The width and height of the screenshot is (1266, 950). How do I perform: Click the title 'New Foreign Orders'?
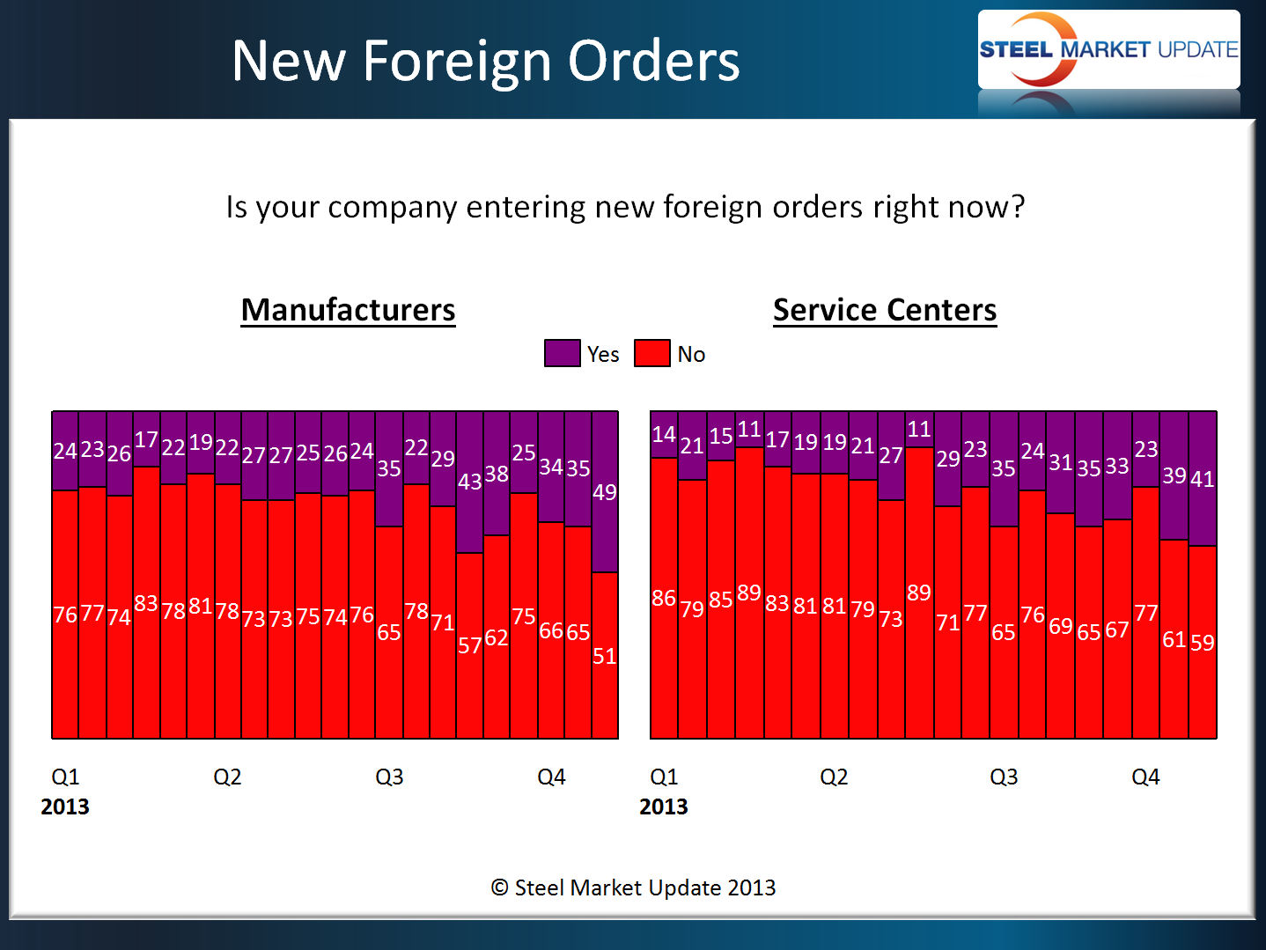(x=485, y=61)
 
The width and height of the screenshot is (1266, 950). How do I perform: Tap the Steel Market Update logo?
(x=1108, y=49)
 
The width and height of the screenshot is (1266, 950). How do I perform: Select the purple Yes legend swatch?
(x=562, y=353)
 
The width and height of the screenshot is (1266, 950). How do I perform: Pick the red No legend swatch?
(x=651, y=353)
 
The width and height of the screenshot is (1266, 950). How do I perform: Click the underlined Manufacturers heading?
(x=348, y=310)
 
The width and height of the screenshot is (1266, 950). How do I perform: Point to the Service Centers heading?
(x=884, y=310)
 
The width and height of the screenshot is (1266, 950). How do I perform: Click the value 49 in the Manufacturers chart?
(x=604, y=492)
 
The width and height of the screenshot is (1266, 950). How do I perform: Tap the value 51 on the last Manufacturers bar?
(x=604, y=656)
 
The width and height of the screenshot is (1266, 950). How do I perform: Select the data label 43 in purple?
(x=469, y=482)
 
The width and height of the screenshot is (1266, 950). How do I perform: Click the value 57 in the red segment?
(x=469, y=645)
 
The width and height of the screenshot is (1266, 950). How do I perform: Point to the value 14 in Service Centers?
(x=664, y=434)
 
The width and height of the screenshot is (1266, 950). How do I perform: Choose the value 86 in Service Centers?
(x=664, y=598)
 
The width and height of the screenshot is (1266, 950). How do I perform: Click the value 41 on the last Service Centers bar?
(x=1202, y=479)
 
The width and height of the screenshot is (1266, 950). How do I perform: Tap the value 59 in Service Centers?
(x=1202, y=643)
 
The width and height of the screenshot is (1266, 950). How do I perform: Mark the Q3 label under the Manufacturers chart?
(x=389, y=777)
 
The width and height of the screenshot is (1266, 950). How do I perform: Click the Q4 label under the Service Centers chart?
(x=1145, y=777)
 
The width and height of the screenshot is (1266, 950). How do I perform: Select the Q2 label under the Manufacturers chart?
(x=227, y=777)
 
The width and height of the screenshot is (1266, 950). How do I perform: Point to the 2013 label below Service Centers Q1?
(x=663, y=806)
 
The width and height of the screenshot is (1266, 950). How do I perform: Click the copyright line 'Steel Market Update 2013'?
(x=634, y=887)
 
